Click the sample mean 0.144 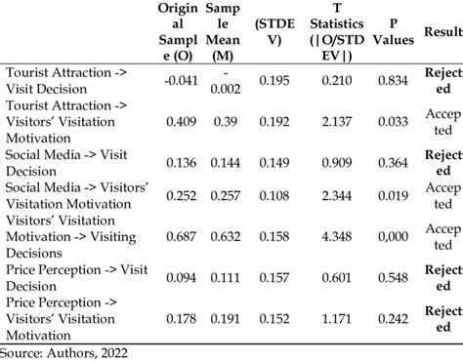coord(220,162)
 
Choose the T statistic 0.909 coord(326,162)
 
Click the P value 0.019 coord(384,196)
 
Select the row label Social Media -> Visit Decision coord(61,162)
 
